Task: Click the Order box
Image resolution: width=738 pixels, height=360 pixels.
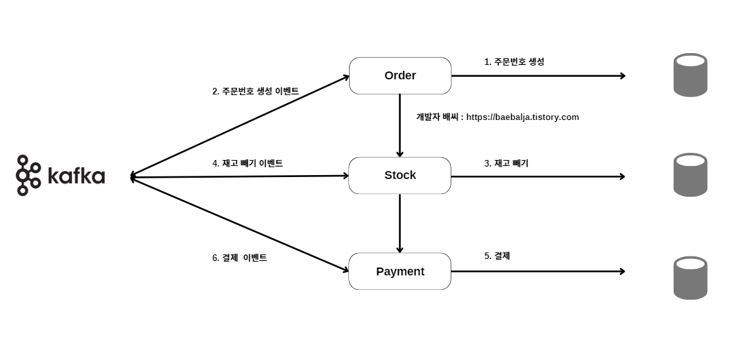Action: [400, 75]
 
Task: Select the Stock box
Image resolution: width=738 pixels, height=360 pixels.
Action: [400, 175]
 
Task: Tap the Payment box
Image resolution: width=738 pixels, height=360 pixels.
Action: [400, 271]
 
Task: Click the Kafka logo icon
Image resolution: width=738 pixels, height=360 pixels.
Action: [28, 175]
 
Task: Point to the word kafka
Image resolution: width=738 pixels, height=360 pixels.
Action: [76, 176]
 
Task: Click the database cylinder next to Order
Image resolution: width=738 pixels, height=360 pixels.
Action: [690, 75]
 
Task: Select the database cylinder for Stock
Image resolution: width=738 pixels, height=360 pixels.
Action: [690, 174]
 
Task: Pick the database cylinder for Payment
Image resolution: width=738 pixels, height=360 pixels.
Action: [690, 277]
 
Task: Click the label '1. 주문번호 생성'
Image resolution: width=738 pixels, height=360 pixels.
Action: [514, 62]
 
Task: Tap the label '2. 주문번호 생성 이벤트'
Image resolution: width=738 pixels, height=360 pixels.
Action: [255, 91]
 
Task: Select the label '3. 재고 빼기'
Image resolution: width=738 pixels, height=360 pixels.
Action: [506, 163]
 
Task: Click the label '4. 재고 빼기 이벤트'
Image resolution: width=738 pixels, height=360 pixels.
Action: [247, 163]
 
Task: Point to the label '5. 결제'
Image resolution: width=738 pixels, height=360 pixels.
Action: [497, 256]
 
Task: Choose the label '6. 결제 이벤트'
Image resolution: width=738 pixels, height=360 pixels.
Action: [239, 258]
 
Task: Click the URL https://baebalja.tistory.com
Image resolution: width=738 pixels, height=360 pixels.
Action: [522, 117]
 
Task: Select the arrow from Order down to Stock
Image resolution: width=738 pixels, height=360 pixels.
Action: [400, 125]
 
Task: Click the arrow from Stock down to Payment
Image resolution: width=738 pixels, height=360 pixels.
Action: [400, 223]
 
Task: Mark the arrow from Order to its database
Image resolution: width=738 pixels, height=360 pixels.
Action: [538, 76]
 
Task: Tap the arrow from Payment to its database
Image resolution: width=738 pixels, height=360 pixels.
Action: [538, 271]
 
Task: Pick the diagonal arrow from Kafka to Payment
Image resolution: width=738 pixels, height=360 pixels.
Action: [239, 224]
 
